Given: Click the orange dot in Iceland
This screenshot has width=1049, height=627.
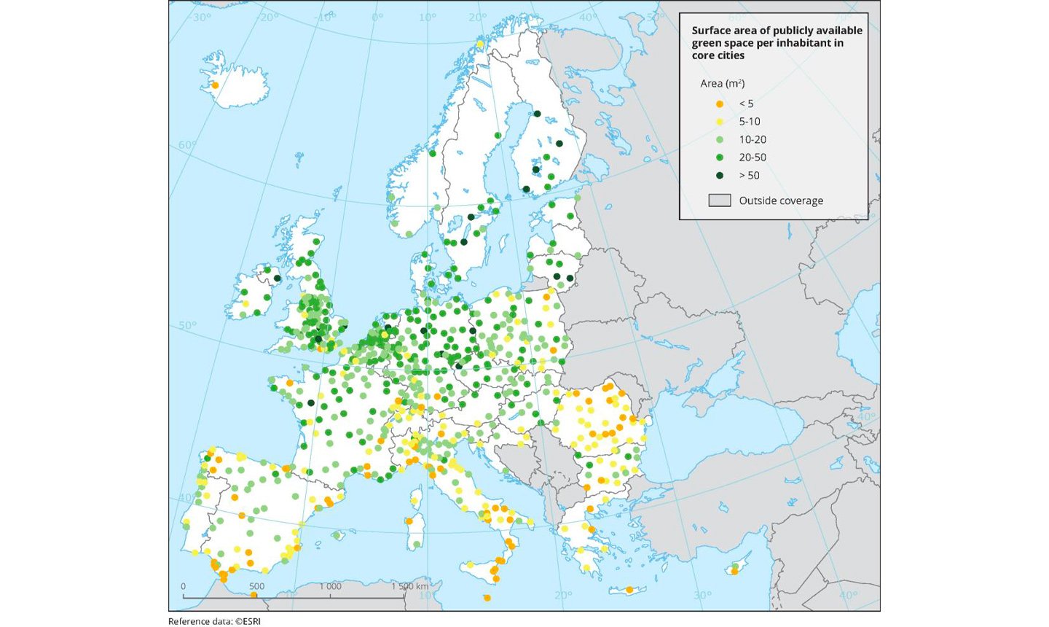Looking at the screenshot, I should coord(215,85).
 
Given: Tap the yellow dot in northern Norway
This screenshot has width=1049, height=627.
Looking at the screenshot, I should coord(481,44).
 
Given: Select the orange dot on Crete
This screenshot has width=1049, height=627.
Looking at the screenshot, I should coord(629,590).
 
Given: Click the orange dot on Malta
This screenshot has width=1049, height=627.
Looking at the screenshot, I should coord(487,598).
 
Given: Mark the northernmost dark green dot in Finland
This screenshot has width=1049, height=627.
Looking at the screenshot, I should coord(537,114).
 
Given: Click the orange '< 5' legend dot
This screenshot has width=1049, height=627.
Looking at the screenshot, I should coord(720,104).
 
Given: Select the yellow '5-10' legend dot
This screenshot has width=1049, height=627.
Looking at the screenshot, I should coord(720,122).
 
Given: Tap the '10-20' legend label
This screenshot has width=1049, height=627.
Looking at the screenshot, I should coord(753,139).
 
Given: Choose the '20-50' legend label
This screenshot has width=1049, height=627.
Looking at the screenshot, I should coord(753,157).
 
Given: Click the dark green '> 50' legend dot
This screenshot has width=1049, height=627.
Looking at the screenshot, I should coord(720,175).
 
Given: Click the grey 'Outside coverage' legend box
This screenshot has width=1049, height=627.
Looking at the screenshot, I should coord(720,200).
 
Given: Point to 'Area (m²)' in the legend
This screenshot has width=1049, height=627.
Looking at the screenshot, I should coord(722,84).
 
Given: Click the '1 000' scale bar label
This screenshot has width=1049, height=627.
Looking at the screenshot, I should coord(329,586).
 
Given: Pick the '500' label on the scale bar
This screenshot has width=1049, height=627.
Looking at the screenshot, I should coord(256,586).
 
